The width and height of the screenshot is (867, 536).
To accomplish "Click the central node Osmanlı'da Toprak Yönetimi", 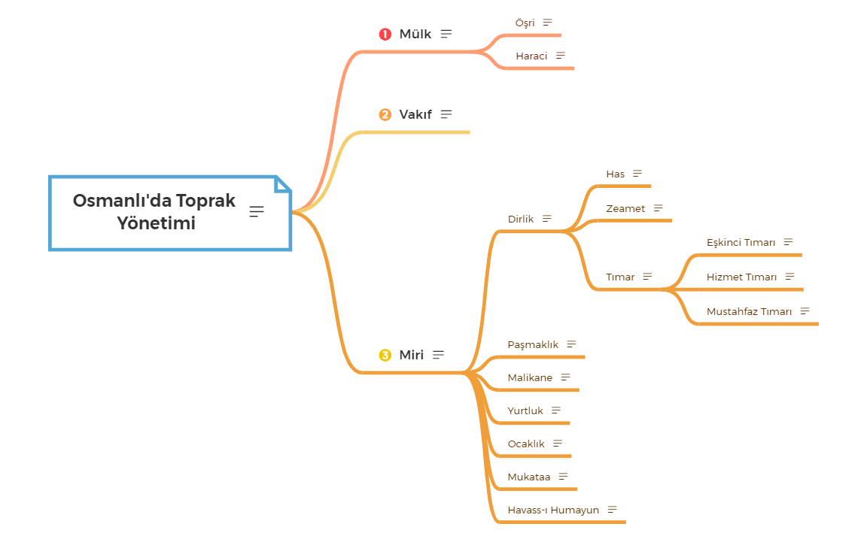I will (154, 212).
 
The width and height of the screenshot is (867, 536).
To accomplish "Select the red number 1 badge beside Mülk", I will (385, 34).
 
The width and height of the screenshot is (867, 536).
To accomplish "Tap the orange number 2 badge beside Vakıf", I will (385, 115).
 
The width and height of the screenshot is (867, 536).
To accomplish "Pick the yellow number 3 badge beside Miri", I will (385, 355).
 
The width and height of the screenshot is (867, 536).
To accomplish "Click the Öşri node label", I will (525, 23).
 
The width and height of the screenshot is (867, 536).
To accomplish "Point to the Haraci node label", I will (531, 56).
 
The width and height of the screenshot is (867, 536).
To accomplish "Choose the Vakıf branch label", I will (415, 114).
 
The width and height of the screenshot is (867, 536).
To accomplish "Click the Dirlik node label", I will (521, 219).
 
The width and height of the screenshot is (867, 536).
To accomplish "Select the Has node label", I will (615, 174).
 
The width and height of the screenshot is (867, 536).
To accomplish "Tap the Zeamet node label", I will (625, 208).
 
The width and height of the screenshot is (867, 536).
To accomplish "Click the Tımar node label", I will (620, 277).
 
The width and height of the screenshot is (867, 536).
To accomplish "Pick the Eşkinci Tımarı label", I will (741, 242).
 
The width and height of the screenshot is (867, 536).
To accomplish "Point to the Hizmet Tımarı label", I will (741, 277).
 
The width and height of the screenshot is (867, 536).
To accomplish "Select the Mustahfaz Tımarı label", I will (749, 311).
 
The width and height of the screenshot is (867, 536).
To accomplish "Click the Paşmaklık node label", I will (533, 344).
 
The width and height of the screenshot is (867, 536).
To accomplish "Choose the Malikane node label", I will (530, 377).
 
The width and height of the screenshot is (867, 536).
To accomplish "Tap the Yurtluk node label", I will (525, 410).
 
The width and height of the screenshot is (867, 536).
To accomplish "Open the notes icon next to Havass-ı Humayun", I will (612, 510).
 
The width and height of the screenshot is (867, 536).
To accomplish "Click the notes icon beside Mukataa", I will (563, 477).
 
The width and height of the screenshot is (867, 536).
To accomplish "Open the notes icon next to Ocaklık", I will (558, 444).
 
